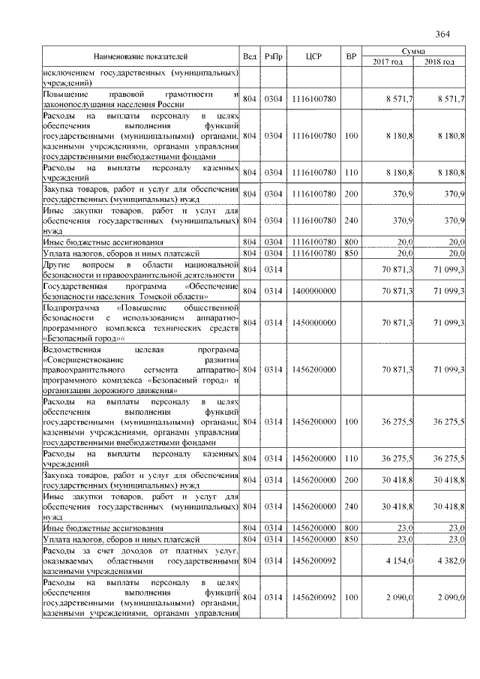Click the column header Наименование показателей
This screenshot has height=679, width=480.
pyautogui.click(x=140, y=56)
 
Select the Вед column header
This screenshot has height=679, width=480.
pyautogui.click(x=250, y=56)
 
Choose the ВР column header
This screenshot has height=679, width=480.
pyautogui.click(x=350, y=56)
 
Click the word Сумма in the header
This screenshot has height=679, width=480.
pyautogui.click(x=413, y=50)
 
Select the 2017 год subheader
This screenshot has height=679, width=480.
pyautogui.click(x=388, y=62)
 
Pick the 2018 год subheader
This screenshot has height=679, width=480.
pyautogui.click(x=439, y=62)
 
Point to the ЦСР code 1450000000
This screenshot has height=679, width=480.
pyautogui.click(x=313, y=322)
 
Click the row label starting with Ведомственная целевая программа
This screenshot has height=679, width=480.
pyautogui.click(x=140, y=370)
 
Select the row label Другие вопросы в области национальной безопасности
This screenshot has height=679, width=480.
pyautogui.click(x=140, y=270)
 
